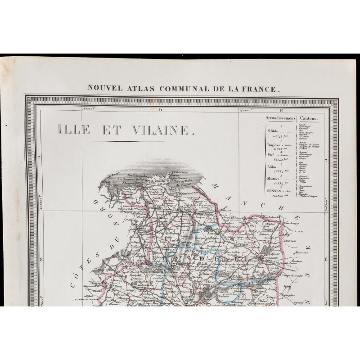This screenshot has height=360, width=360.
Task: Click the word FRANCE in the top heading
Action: click(260, 89)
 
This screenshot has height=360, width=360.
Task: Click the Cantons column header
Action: click(309, 118)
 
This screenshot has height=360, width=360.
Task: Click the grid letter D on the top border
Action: click(160, 109)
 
